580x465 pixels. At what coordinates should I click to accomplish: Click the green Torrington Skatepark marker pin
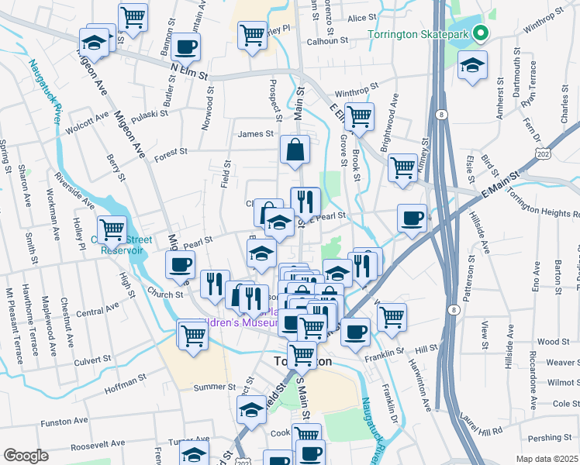(481, 34)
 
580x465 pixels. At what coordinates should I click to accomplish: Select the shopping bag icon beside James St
(295, 150)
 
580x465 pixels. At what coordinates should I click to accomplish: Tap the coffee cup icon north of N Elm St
(185, 46)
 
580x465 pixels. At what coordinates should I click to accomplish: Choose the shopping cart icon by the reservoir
(112, 229)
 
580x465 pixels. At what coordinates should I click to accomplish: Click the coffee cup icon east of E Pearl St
(412, 216)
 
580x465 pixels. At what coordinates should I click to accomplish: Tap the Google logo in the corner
(25, 456)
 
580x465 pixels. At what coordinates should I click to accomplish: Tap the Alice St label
(361, 18)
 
